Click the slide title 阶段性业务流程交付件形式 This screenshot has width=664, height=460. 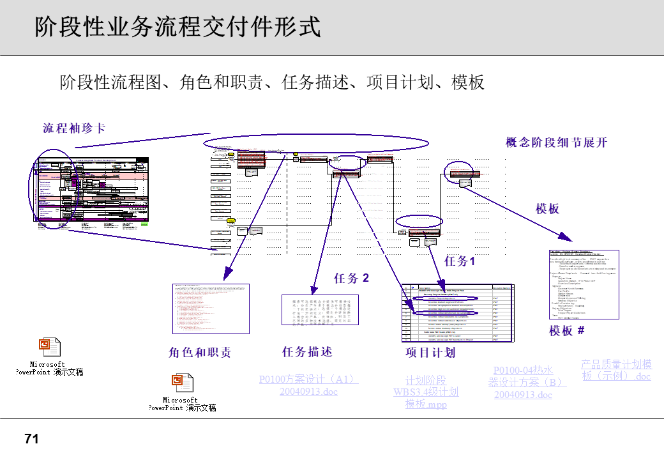(177, 27)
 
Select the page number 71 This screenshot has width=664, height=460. (32, 439)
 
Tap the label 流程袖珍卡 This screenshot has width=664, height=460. (74, 128)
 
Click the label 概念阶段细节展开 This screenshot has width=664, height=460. (556, 142)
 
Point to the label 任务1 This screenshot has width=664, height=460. (460, 261)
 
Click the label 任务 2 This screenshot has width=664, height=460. (351, 278)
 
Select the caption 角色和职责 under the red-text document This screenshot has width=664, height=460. (199, 353)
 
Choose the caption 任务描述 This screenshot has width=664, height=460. (307, 351)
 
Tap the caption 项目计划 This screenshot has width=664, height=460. (430, 353)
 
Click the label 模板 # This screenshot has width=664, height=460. (567, 330)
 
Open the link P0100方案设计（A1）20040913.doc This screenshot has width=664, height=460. (308, 385)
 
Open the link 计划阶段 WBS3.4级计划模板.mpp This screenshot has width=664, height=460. (426, 392)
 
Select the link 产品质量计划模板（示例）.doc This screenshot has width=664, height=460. (616, 370)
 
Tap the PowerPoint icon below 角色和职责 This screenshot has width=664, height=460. (182, 383)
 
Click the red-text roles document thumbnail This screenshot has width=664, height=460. (210, 309)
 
